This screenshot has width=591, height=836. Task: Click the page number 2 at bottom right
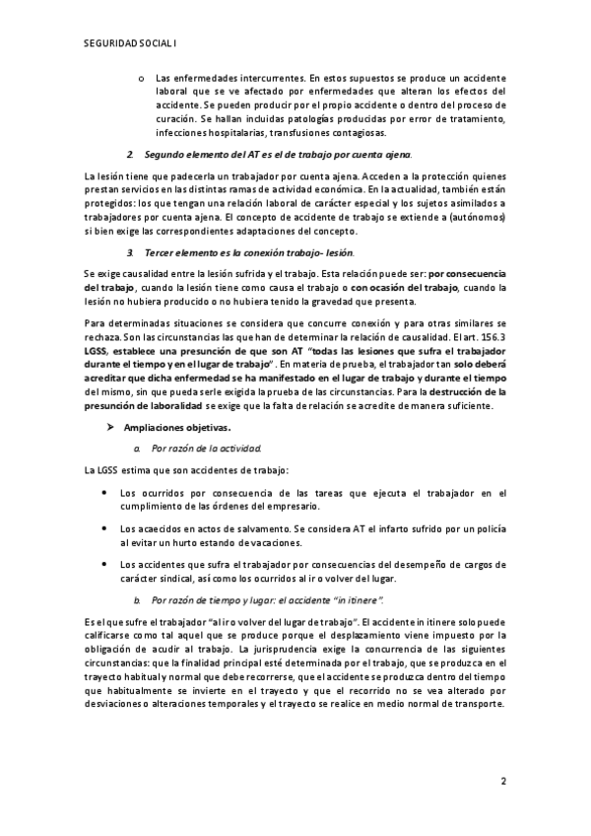tap(502, 784)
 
